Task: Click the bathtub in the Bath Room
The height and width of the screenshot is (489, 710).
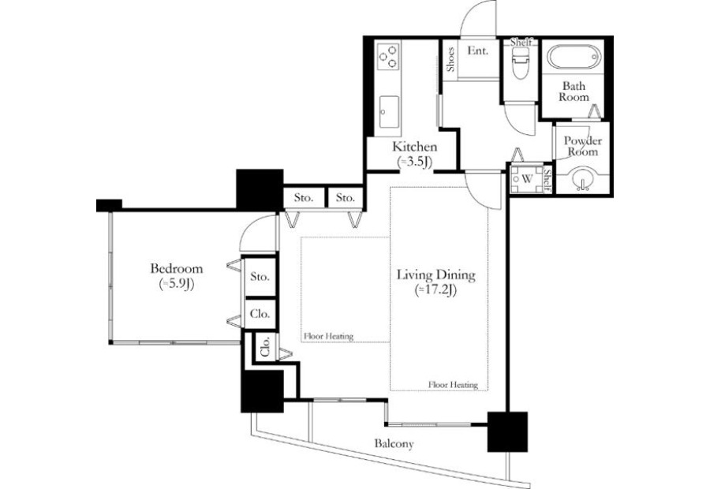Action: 574,58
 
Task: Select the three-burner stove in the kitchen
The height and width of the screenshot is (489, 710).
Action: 388,56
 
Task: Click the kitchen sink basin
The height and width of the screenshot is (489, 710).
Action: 389,112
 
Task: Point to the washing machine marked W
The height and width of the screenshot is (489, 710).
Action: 527,179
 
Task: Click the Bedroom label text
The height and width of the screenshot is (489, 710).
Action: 177,268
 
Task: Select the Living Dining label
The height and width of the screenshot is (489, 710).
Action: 436,274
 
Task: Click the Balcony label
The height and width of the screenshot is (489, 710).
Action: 394,444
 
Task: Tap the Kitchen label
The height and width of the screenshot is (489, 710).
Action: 415,147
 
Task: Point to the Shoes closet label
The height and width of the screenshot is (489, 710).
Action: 450,60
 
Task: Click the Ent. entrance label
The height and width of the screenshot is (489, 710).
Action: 478,50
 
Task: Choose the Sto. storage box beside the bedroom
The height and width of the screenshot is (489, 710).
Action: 260,276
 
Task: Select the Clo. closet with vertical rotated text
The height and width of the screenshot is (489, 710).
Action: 265,348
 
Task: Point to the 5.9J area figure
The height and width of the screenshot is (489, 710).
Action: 177,284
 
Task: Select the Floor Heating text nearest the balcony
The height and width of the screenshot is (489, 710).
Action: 454,384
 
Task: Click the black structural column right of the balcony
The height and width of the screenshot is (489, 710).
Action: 507,431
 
